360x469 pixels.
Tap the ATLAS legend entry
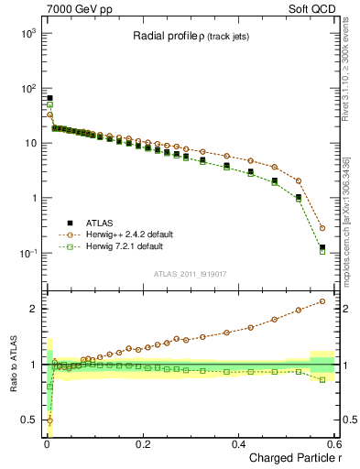(x=94, y=223)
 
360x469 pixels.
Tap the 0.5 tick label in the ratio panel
(x=28, y=420)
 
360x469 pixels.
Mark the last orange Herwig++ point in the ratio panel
(x=322, y=300)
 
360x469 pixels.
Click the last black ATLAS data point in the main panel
(x=322, y=247)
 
